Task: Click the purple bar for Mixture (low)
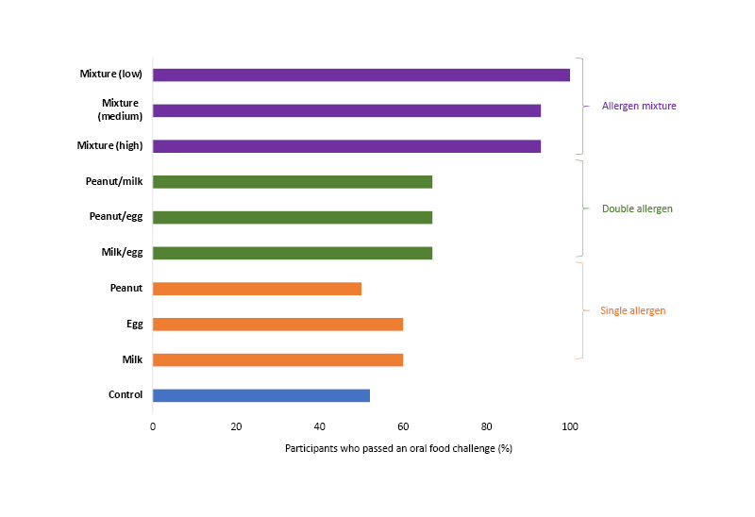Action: [361, 75]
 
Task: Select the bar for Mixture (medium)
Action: [346, 110]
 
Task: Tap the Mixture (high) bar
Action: [346, 146]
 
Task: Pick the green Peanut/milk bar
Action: [292, 182]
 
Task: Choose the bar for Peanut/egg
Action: [292, 217]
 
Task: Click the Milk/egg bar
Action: [292, 253]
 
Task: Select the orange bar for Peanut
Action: [257, 289]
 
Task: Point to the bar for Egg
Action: [277, 325]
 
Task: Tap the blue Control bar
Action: [260, 395]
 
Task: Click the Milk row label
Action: [132, 359]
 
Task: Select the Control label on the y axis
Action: [126, 395]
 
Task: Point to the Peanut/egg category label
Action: [116, 217]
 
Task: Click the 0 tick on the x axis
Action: [153, 426]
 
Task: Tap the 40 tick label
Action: [320, 426]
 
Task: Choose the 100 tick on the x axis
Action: [570, 426]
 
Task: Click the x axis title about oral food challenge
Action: [398, 448]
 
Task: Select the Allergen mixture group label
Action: [639, 106]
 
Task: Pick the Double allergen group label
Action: [637, 208]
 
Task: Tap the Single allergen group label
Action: [632, 310]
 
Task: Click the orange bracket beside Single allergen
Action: [580, 310]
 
